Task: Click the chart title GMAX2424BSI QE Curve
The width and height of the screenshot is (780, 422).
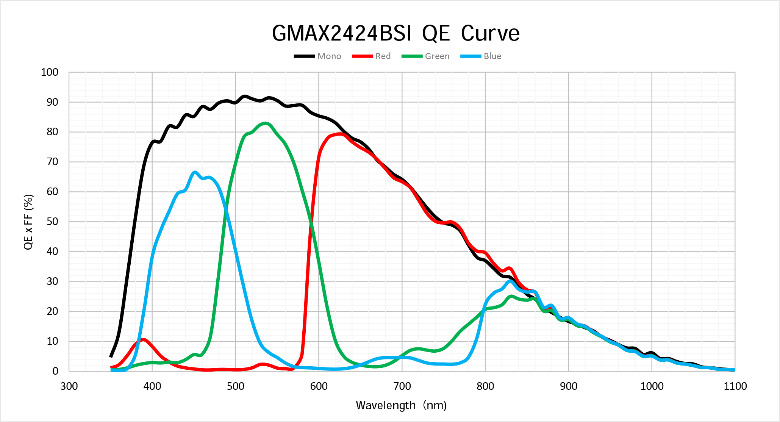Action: tap(395, 33)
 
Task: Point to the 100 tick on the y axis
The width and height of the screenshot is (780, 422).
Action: tap(50, 72)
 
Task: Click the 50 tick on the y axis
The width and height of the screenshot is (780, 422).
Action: tap(52, 222)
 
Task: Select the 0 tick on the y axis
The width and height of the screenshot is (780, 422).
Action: tap(55, 371)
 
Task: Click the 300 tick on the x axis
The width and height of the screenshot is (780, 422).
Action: tap(69, 386)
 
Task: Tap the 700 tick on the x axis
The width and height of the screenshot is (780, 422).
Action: tap(402, 386)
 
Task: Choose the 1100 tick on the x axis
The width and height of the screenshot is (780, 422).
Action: tap(735, 386)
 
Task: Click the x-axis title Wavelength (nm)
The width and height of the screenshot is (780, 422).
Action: tap(401, 405)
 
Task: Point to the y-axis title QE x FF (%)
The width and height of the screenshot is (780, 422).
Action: tap(29, 222)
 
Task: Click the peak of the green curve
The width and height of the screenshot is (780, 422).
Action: tap(266, 123)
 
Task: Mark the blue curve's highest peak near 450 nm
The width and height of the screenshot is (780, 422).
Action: tap(195, 172)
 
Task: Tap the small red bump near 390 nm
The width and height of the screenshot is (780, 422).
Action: tap(143, 340)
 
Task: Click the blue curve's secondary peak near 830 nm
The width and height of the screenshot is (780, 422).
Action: tap(510, 281)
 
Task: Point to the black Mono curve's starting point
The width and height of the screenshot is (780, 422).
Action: tap(111, 356)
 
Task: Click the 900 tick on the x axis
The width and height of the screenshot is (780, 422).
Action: tap(569, 386)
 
